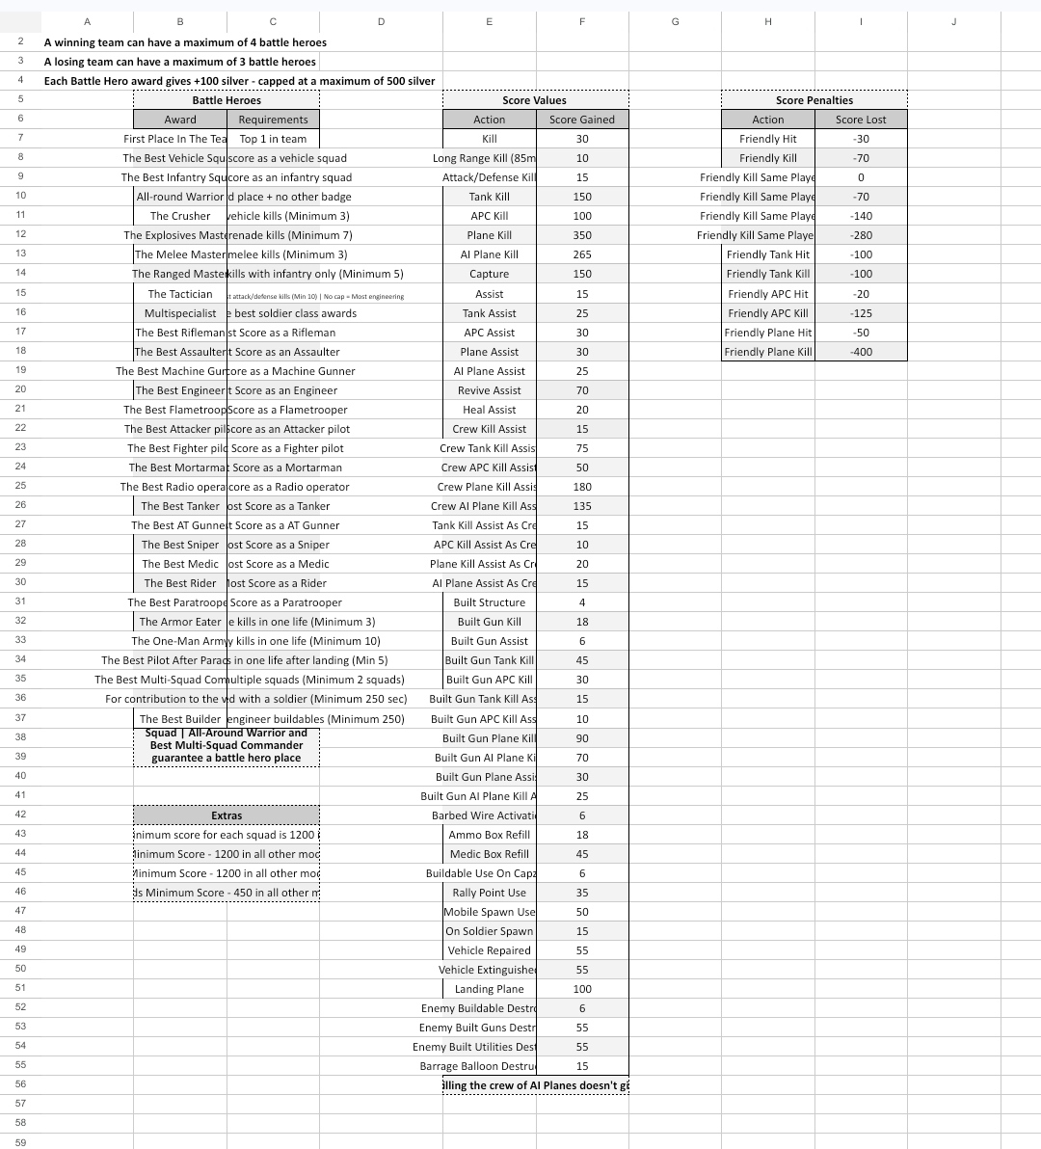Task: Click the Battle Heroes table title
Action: [227, 100]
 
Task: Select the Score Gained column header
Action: [582, 120]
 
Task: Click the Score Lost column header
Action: [861, 120]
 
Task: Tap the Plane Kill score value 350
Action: [582, 235]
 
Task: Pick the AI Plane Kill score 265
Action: [582, 254]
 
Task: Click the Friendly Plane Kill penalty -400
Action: [861, 352]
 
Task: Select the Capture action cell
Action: [489, 274]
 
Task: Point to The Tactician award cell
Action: [180, 294]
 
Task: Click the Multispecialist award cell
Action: [180, 313]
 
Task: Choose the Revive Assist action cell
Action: [489, 390]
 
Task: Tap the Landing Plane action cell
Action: [489, 989]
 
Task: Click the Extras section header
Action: [227, 815]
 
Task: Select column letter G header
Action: [675, 21]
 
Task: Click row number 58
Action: [20, 1123]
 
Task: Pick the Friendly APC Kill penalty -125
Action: [861, 313]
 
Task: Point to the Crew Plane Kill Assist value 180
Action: [582, 487]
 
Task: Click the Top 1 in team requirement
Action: [273, 139]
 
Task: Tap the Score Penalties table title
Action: [814, 100]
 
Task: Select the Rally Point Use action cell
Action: [489, 893]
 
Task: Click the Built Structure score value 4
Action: [582, 602]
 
